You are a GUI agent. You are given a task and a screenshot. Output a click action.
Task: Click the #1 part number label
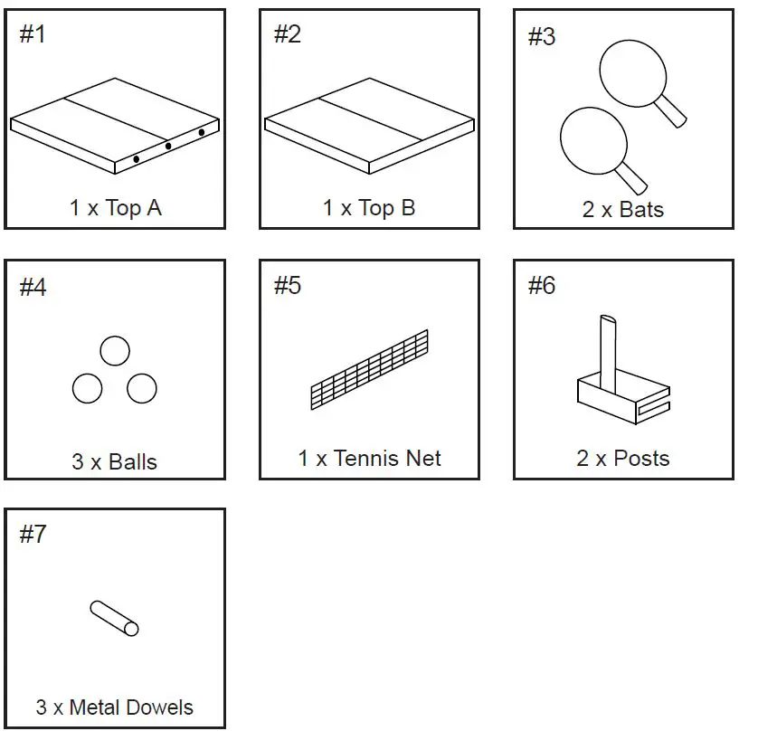[33, 35]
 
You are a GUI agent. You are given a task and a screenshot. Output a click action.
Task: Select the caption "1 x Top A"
[115, 208]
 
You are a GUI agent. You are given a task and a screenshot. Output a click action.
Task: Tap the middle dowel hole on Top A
[168, 146]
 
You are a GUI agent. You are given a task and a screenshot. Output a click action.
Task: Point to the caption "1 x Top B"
[369, 208]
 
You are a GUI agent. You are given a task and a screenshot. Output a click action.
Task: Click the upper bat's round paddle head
[630, 70]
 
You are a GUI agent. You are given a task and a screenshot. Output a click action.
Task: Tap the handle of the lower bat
[631, 176]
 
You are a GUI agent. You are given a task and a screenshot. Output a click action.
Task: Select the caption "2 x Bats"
[623, 210]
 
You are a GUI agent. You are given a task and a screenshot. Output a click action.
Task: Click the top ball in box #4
[115, 351]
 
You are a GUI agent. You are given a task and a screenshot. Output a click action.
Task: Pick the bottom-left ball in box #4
[88, 388]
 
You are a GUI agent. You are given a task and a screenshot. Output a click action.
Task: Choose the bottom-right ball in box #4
[142, 388]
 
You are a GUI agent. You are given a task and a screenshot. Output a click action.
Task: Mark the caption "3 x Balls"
[115, 462]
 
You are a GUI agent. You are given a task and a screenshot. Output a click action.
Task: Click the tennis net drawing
[369, 370]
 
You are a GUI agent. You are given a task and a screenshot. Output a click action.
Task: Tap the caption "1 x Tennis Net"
[369, 459]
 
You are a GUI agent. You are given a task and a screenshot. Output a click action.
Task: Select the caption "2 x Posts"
[623, 459]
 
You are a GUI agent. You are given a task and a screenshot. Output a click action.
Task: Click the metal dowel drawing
[115, 618]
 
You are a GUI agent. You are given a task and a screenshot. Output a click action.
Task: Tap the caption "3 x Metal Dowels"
[115, 707]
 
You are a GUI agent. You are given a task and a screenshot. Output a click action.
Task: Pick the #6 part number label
[541, 286]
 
